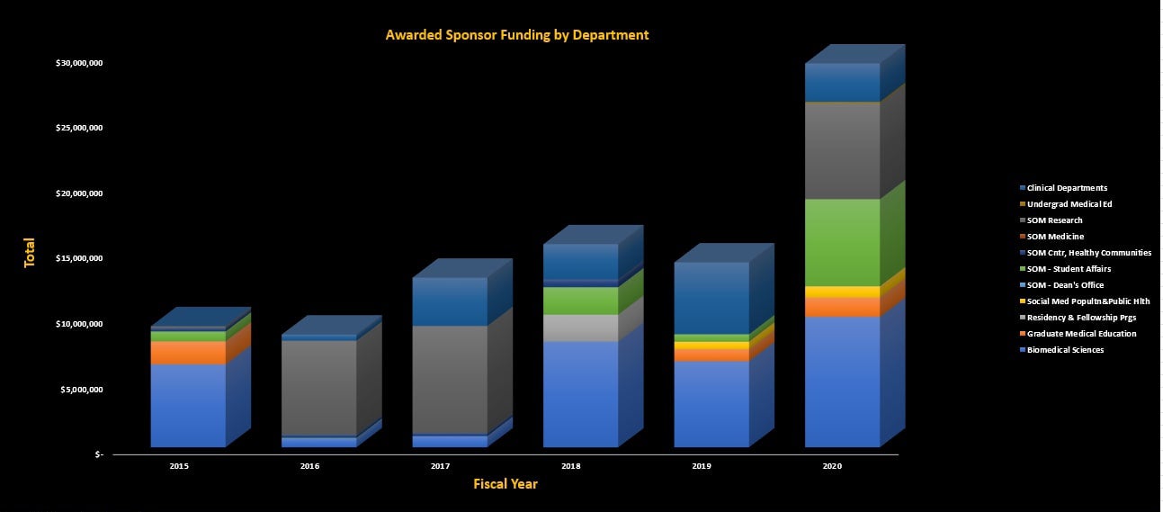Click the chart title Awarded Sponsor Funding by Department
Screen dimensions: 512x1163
516,35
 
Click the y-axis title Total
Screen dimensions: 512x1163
30,252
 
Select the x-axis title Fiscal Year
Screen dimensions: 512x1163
505,484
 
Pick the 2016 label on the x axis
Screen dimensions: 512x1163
309,466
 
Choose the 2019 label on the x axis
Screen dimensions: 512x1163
702,466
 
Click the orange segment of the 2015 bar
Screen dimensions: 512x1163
187,353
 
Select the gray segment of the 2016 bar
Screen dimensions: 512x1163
318,388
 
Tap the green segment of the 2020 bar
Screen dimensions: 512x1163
842,242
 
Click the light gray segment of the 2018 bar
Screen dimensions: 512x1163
580,328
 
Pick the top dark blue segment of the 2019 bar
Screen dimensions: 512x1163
711,297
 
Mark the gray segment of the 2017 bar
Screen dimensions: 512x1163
449,379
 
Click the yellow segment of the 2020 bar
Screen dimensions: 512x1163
842,292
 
